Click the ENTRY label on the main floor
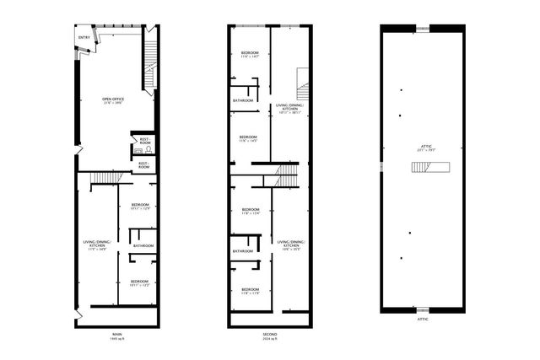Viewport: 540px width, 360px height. tap(84, 38)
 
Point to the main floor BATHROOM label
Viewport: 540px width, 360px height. tap(143, 245)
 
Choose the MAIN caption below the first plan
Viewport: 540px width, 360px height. tap(116, 334)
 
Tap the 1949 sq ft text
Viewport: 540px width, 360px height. tap(116, 340)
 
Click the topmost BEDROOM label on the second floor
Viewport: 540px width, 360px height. tap(250, 54)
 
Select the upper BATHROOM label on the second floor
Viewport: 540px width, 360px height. tap(244, 101)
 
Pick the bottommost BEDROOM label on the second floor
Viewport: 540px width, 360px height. tap(250, 292)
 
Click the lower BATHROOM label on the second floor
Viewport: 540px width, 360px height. tap(244, 250)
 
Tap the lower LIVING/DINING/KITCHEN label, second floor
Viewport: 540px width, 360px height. tap(290, 245)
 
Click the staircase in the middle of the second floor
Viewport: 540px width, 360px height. tap(285, 175)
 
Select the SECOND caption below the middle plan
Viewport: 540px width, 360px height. tap(270, 334)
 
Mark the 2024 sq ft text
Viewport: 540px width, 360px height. tap(270, 340)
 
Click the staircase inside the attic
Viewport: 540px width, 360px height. tap(423, 167)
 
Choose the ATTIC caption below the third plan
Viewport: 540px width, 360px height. tap(423, 320)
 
